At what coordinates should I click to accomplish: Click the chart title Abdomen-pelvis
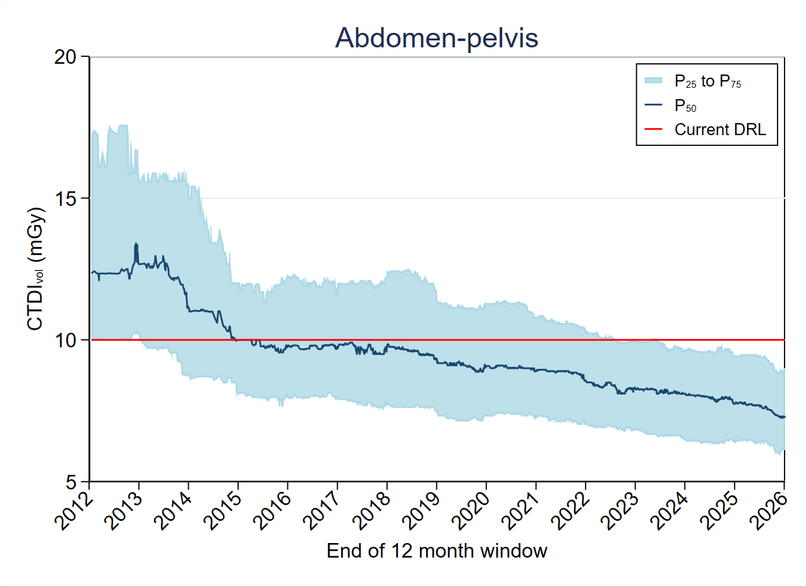click(x=436, y=38)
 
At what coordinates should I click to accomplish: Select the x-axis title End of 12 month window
click(x=436, y=551)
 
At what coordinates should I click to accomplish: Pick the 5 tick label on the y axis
click(x=75, y=481)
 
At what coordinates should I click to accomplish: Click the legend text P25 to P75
click(x=707, y=81)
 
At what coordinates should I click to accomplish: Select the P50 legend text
click(x=686, y=105)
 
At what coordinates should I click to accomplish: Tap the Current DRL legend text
click(x=720, y=129)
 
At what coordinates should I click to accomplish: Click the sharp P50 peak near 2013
click(x=135, y=244)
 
